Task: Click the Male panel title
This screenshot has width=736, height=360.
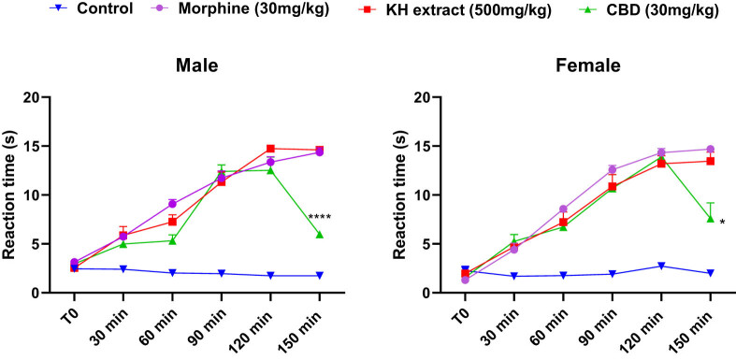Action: pos(197,67)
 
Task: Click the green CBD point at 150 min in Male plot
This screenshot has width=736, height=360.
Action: pos(320,235)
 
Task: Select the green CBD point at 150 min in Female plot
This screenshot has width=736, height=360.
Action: pos(711,219)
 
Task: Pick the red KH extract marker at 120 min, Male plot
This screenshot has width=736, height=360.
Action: pos(270,149)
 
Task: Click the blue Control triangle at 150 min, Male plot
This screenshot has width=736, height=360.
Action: pos(320,276)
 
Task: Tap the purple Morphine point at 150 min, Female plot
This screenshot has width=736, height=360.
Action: pos(711,150)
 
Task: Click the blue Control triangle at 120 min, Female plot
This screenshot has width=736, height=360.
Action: pos(661,266)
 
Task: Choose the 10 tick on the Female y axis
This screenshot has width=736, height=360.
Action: pos(421,195)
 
